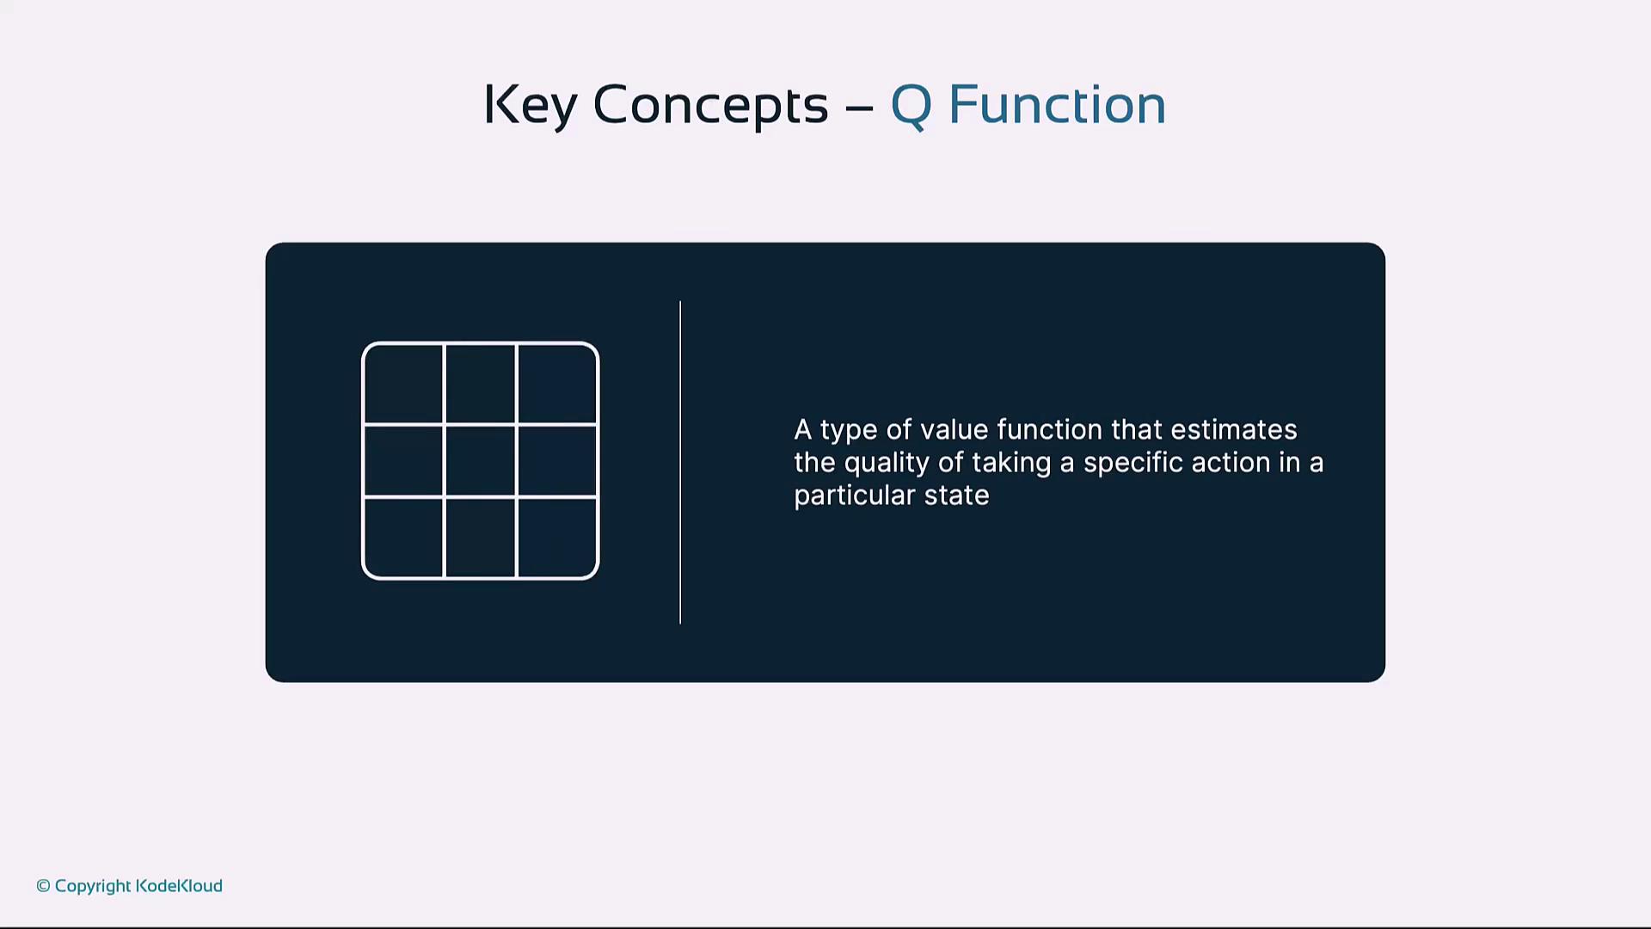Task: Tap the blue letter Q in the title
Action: point(911,106)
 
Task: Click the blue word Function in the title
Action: point(1057,104)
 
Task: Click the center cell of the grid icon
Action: point(480,461)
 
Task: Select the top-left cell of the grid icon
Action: point(403,384)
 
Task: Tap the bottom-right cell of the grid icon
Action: point(557,538)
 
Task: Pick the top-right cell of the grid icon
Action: point(557,384)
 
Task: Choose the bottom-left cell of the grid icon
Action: point(403,538)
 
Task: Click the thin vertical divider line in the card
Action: point(680,462)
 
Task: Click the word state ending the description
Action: point(956,495)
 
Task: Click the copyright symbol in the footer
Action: point(43,886)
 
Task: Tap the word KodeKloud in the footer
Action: point(179,886)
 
